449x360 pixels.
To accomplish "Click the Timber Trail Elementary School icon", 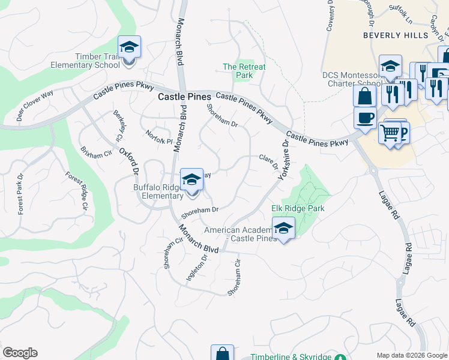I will [x=129, y=47].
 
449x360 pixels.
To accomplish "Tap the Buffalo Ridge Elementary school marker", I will [x=191, y=180].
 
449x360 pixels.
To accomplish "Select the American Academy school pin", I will [x=283, y=229].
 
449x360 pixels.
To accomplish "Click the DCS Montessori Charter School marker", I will [x=390, y=66].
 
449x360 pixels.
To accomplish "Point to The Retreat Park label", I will [x=244, y=71].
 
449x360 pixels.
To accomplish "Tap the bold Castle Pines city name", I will [x=184, y=97].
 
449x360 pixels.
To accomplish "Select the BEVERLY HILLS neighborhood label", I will [x=396, y=35].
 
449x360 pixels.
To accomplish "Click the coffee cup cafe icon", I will [x=365, y=118].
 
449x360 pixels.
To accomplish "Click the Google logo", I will [x=20, y=353].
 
